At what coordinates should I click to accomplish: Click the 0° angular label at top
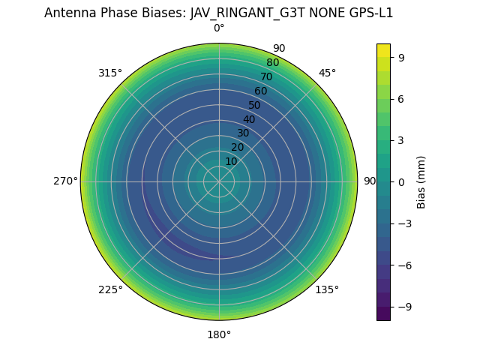[x=219, y=28]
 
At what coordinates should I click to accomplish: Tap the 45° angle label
[x=327, y=73]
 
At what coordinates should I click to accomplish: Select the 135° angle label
[x=327, y=289]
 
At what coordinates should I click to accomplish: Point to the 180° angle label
[x=219, y=334]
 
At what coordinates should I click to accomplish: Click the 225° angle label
[x=110, y=289]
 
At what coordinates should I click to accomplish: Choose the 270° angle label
[x=65, y=181]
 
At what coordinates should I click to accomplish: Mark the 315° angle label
[x=110, y=73]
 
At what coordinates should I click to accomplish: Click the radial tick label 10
[x=231, y=161]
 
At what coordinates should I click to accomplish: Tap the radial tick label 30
[x=243, y=133]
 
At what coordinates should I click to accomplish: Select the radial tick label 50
[x=255, y=105]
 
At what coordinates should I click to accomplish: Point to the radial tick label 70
[x=267, y=76]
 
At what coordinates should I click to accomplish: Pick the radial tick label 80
[x=272, y=62]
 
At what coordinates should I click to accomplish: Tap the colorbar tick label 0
[x=401, y=181]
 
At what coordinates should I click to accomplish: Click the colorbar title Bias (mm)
[x=421, y=181]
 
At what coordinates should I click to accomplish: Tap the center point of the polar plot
[x=219, y=181]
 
